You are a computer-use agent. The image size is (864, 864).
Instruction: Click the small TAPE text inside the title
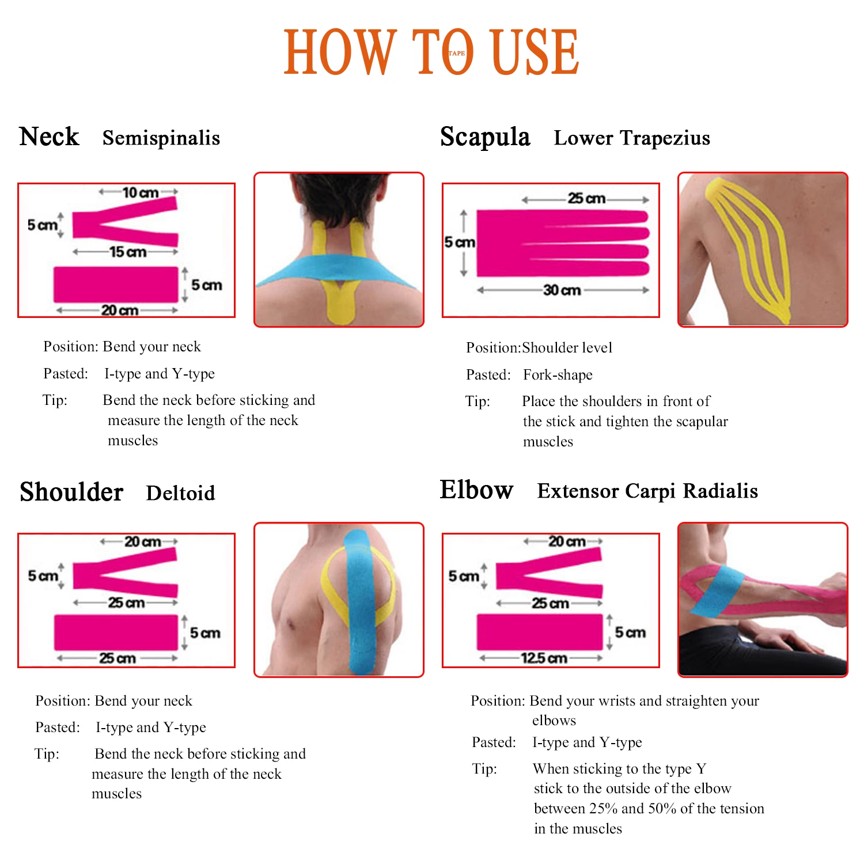coord(457,53)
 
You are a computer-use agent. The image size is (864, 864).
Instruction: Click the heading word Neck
coord(49,137)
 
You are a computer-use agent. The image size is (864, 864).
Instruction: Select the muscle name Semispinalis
coord(161,138)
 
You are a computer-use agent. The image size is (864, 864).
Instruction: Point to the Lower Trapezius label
coord(632,138)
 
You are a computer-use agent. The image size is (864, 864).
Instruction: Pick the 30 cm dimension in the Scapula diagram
coord(562,290)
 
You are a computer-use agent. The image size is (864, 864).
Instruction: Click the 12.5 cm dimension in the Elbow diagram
coord(544,658)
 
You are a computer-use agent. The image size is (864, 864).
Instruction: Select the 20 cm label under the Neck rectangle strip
coord(120,310)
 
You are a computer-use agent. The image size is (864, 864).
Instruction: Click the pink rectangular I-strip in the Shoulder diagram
coord(116,632)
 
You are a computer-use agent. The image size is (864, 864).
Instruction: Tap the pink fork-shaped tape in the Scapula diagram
coord(562,243)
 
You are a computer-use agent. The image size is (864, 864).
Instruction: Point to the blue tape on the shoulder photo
coord(359,605)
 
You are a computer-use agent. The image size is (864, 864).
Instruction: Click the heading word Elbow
coord(476,490)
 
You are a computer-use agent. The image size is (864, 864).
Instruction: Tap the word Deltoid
coord(180,493)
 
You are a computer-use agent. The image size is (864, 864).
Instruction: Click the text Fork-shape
coord(558,375)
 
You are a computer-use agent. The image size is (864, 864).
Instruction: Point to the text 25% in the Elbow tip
coord(603,809)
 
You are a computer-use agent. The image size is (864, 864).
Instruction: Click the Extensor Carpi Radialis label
coord(647,491)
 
